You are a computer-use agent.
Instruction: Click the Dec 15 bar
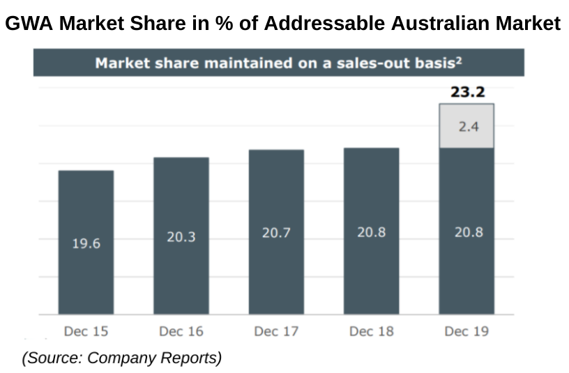[x=86, y=209]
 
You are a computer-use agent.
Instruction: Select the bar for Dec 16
[x=181, y=202]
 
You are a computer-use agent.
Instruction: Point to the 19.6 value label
[x=86, y=243]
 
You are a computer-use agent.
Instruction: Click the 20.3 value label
[x=181, y=237]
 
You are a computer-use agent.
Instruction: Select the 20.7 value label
[x=276, y=233]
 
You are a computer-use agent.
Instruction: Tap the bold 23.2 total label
[x=466, y=91]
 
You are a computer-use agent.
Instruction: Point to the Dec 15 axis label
[x=86, y=331]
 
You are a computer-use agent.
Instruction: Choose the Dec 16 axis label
[x=181, y=331]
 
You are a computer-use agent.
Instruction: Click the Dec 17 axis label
[x=276, y=331]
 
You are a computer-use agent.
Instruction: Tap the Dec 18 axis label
[x=371, y=331]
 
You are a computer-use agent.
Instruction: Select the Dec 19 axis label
[x=466, y=331]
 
